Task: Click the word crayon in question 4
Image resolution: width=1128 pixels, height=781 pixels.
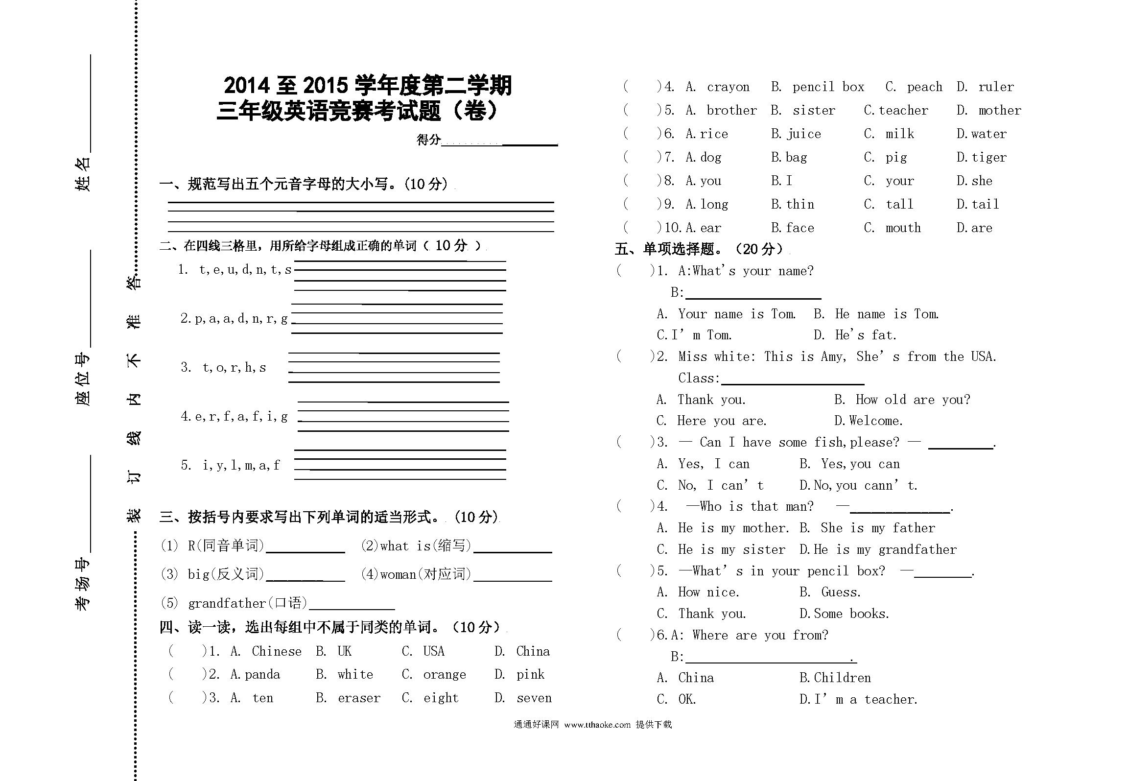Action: tap(728, 87)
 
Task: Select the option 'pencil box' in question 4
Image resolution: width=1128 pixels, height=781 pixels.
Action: tap(828, 87)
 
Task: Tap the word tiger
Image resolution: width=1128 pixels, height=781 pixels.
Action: tap(989, 158)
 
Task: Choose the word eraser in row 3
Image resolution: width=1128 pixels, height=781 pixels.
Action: tap(359, 698)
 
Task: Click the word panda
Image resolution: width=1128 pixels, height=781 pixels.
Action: tap(262, 675)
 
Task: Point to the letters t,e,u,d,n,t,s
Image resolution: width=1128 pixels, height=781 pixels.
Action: tap(245, 270)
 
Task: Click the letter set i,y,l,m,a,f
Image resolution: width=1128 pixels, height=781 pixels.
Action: tap(241, 465)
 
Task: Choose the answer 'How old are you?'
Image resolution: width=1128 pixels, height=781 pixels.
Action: tap(913, 400)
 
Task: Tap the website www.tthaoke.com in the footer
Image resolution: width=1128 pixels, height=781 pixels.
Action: tap(597, 725)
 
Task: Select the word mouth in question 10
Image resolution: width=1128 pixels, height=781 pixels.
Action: tap(903, 228)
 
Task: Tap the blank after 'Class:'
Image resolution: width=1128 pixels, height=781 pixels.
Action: tap(793, 379)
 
